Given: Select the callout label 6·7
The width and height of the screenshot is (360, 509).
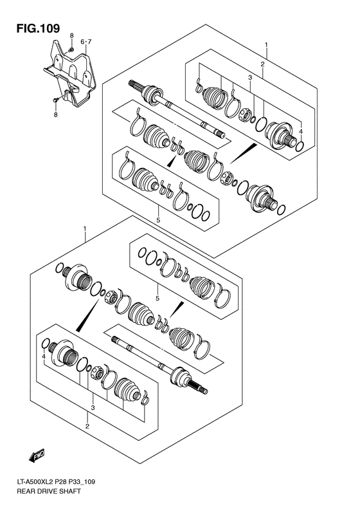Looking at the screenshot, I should click(x=86, y=42).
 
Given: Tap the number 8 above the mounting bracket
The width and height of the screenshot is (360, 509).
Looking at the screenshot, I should click(x=73, y=35).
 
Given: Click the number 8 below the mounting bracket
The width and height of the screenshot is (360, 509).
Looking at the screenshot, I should click(x=55, y=115).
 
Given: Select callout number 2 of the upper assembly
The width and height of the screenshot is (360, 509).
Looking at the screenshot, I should click(x=262, y=64).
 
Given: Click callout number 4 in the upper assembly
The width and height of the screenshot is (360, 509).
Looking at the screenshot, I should click(x=300, y=133).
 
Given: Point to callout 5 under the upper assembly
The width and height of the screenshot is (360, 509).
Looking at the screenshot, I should click(x=157, y=220).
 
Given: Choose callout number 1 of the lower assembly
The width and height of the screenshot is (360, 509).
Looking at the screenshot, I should click(x=85, y=229).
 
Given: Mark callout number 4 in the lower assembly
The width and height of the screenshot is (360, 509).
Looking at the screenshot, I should click(x=43, y=356).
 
